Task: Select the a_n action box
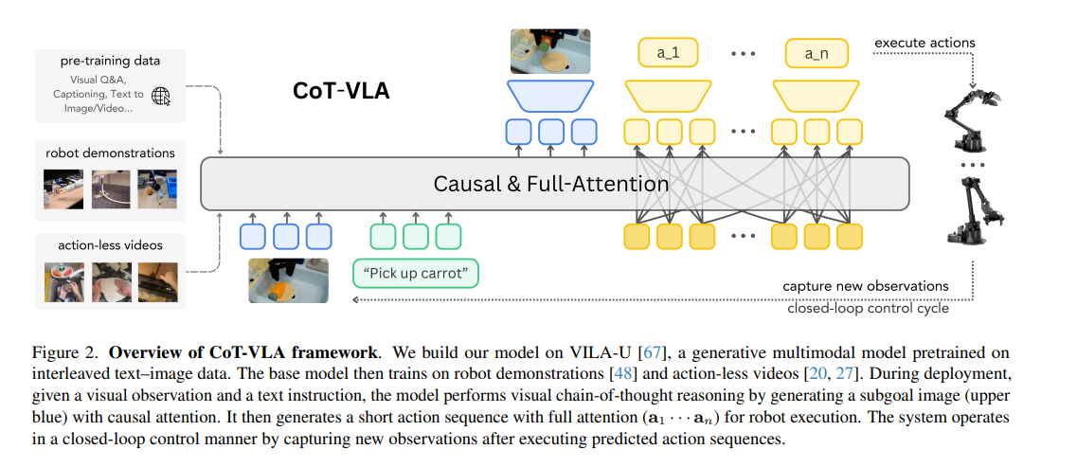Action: (x=817, y=53)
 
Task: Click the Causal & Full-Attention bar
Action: (x=554, y=184)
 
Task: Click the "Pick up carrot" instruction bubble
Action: (x=416, y=275)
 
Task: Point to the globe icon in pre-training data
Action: (x=161, y=95)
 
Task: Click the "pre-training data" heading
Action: (x=110, y=61)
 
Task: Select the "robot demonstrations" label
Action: (x=110, y=152)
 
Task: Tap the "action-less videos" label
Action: (x=110, y=245)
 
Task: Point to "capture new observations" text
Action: (x=865, y=286)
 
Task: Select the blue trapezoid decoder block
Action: (x=550, y=95)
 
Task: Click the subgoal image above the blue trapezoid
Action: (x=550, y=51)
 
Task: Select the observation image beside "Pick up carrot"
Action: (x=288, y=280)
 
